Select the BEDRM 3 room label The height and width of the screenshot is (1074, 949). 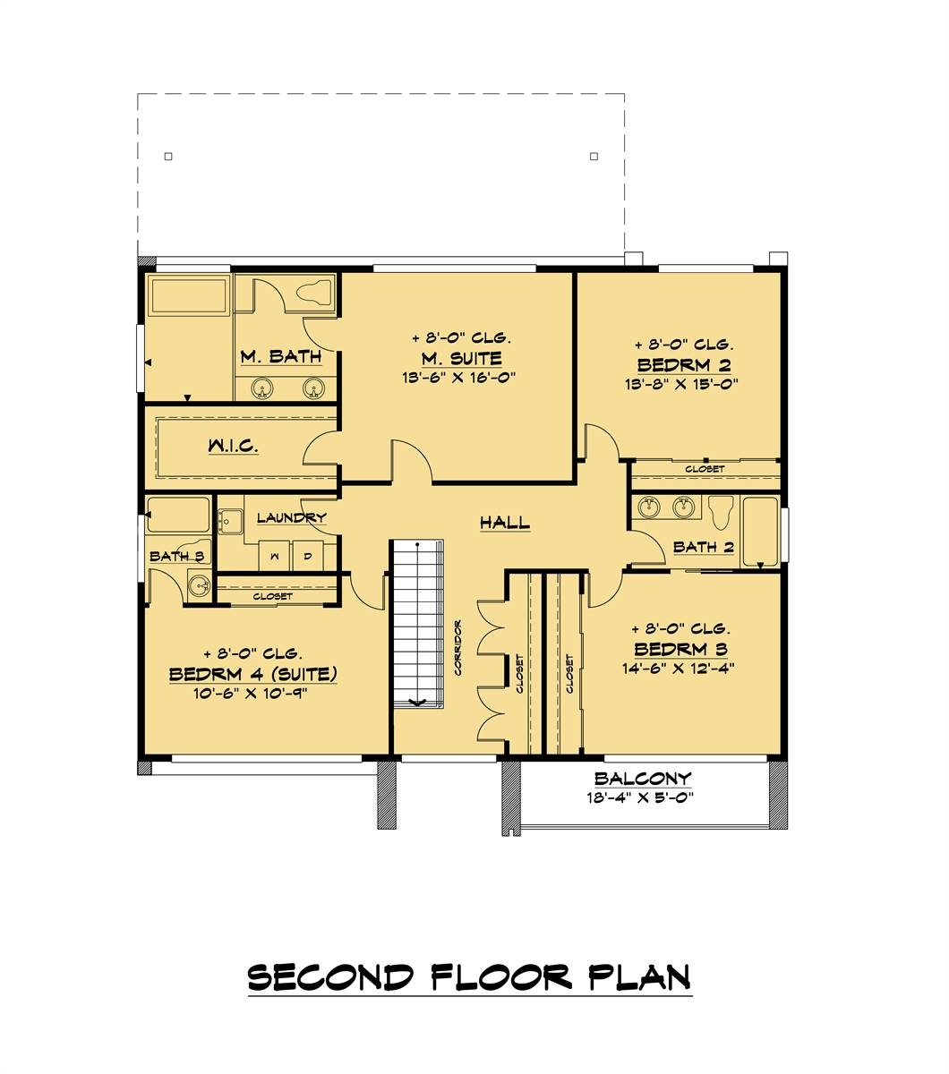point(681,649)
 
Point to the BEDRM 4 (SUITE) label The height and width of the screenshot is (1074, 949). point(253,674)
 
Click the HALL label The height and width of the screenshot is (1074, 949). point(505,523)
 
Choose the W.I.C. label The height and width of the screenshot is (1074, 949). point(234,445)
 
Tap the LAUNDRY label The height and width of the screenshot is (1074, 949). point(291,517)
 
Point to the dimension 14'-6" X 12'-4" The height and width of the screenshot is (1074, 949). point(681,668)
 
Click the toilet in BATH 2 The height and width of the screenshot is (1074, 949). point(721,514)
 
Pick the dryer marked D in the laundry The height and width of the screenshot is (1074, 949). point(307,557)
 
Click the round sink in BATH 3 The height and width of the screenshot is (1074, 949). point(199,587)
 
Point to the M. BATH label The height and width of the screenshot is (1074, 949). point(280,357)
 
